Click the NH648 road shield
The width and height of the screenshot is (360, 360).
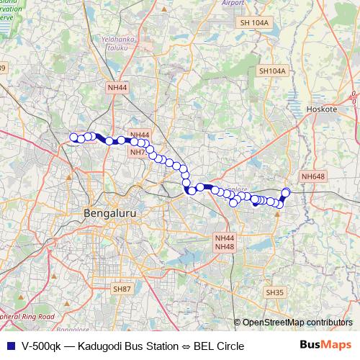313,176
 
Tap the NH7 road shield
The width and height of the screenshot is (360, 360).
137,153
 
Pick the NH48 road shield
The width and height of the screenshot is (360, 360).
225,247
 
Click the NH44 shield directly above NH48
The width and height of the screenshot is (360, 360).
225,238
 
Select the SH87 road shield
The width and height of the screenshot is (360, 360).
122,288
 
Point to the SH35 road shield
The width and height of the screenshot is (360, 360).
274,292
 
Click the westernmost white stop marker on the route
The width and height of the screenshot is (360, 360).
73,138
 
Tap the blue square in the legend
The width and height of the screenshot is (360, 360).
9,346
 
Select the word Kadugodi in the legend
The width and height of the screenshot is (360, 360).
102,346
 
